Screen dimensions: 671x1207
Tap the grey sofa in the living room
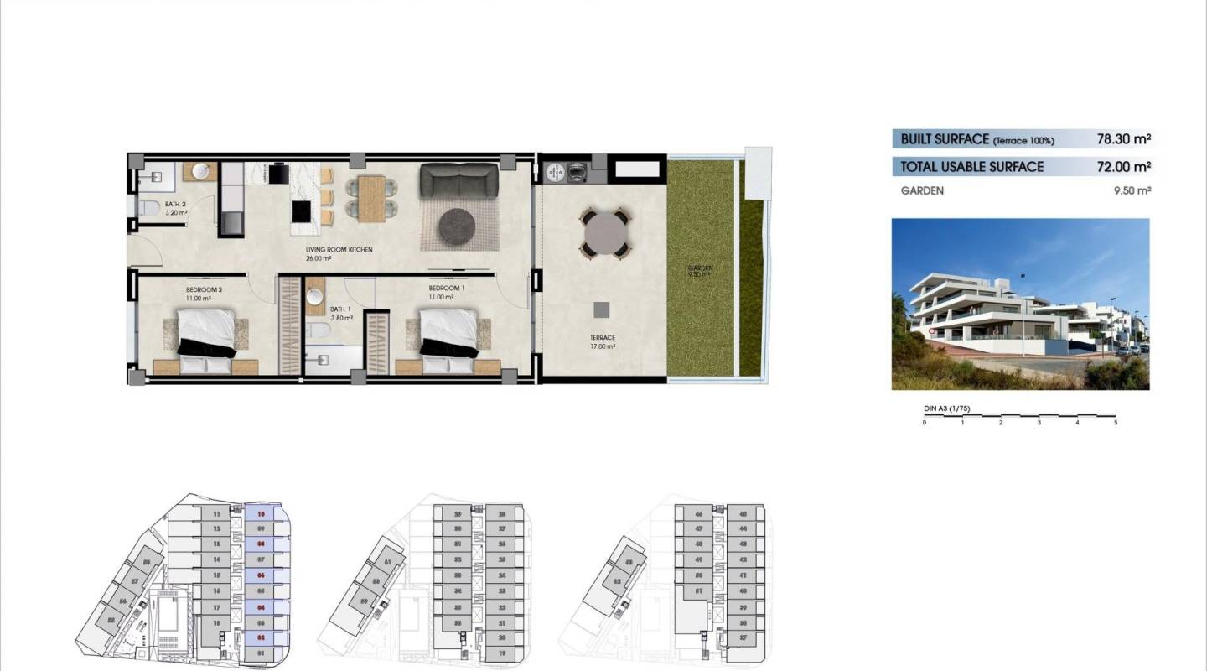tap(458, 180)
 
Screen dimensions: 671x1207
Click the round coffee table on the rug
tap(458, 224)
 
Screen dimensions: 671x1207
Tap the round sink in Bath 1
tap(315, 295)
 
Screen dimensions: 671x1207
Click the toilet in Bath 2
tap(149, 207)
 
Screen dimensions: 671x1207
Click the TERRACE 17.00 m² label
tap(603, 341)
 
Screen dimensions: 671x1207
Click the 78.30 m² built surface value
tap(1123, 139)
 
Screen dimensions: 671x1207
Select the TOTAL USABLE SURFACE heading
tap(971, 167)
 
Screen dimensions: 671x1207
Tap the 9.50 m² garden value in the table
tap(1132, 190)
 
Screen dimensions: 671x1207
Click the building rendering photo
tap(1020, 304)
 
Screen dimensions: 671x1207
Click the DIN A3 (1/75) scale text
tap(946, 408)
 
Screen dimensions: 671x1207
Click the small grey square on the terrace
tap(601, 309)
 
